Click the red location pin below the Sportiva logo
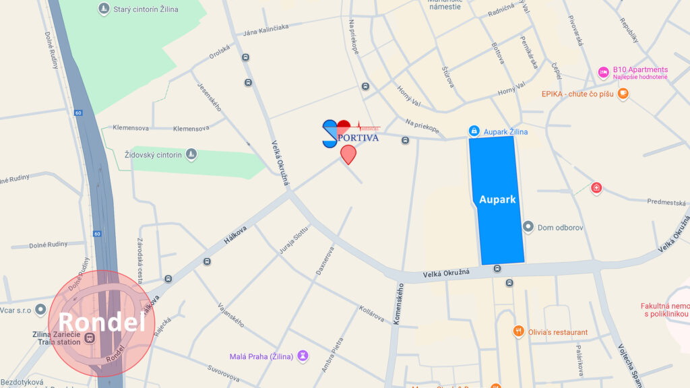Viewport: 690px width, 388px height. pyautogui.click(x=348, y=154)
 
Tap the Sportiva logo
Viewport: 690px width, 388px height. pyautogui.click(x=350, y=133)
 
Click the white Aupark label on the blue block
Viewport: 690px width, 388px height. pyautogui.click(x=497, y=199)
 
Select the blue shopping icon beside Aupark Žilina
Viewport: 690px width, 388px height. pyautogui.click(x=474, y=131)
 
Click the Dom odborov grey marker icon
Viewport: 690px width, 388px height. pyautogui.click(x=528, y=227)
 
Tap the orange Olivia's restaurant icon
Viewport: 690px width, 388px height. pyautogui.click(x=518, y=331)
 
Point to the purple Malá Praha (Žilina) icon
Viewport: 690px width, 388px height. pyautogui.click(x=303, y=356)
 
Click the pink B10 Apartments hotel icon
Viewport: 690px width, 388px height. pyautogui.click(x=603, y=72)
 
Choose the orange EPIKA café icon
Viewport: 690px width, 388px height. pyautogui.click(x=623, y=94)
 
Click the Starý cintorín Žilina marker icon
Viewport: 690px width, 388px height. pyautogui.click(x=103, y=9)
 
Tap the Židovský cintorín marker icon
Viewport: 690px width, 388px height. pyautogui.click(x=191, y=155)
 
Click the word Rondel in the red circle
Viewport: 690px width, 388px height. pyautogui.click(x=102, y=323)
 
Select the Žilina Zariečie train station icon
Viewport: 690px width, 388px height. pyautogui.click(x=94, y=337)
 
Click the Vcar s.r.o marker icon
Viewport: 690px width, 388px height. pyautogui.click(x=41, y=310)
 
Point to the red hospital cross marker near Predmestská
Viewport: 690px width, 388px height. pyautogui.click(x=596, y=187)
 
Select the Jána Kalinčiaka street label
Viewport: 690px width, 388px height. pyautogui.click(x=266, y=27)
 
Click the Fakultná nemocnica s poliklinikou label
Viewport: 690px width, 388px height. pyautogui.click(x=665, y=310)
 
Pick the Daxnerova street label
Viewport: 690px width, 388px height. pyautogui.click(x=325, y=260)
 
